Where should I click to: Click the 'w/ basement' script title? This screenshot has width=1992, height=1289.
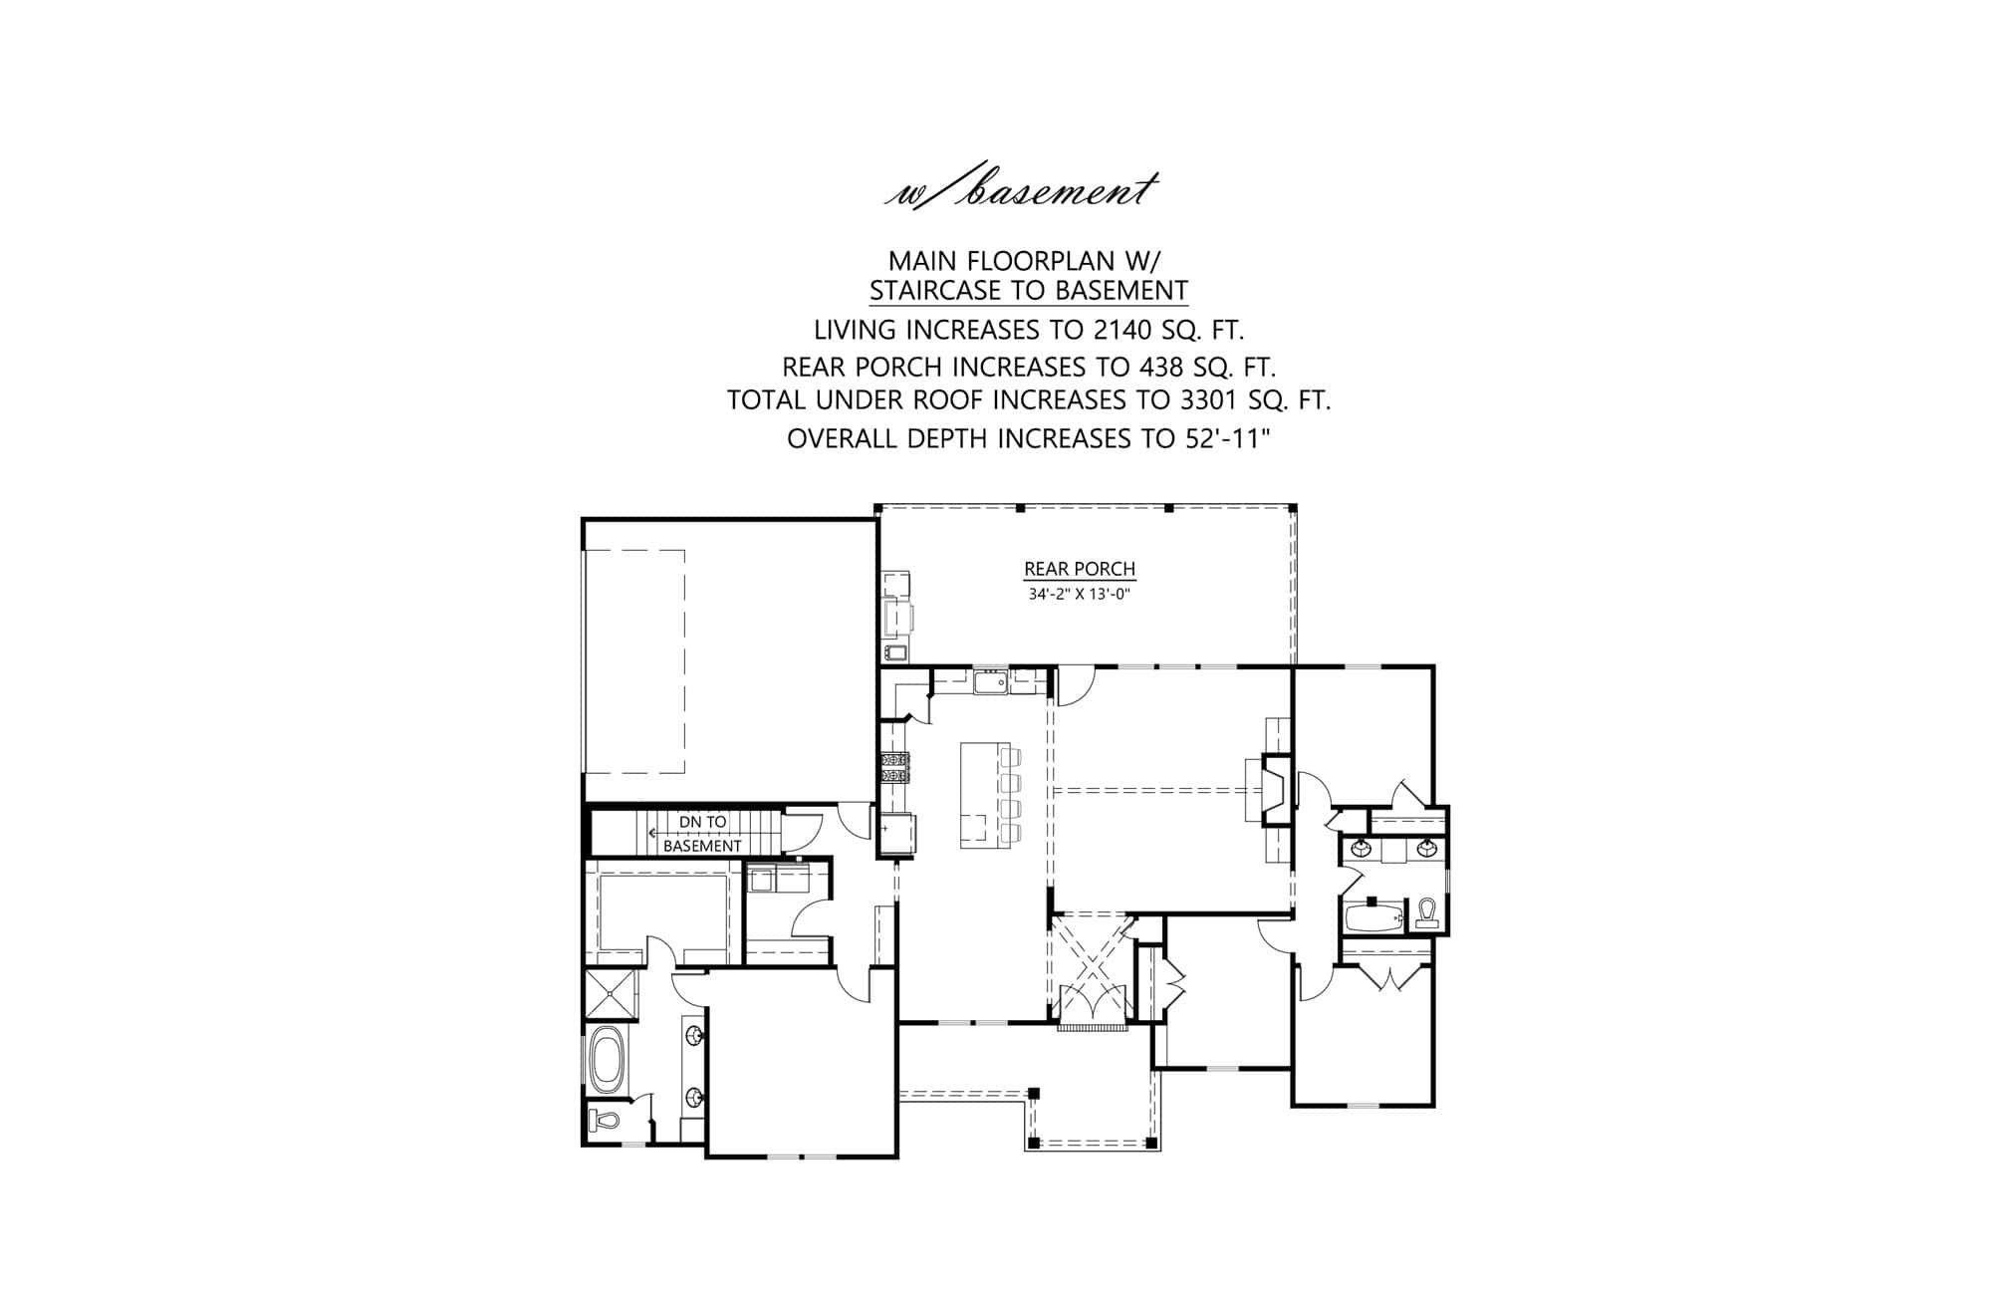(x=1022, y=190)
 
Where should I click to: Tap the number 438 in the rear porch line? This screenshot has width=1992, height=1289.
(x=1141, y=367)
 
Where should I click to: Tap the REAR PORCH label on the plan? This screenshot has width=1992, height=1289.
(x=1080, y=570)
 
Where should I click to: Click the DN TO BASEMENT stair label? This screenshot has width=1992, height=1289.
(x=702, y=834)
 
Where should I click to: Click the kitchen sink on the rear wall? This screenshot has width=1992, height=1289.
(x=990, y=682)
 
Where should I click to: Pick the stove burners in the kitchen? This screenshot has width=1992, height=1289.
(x=893, y=769)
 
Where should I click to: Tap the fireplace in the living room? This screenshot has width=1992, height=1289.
(x=1272, y=792)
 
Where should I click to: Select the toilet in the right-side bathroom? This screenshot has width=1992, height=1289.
(x=1426, y=913)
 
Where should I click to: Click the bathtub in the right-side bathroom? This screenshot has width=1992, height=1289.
(x=1372, y=917)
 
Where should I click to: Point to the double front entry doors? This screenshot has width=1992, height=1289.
(x=1093, y=1002)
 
